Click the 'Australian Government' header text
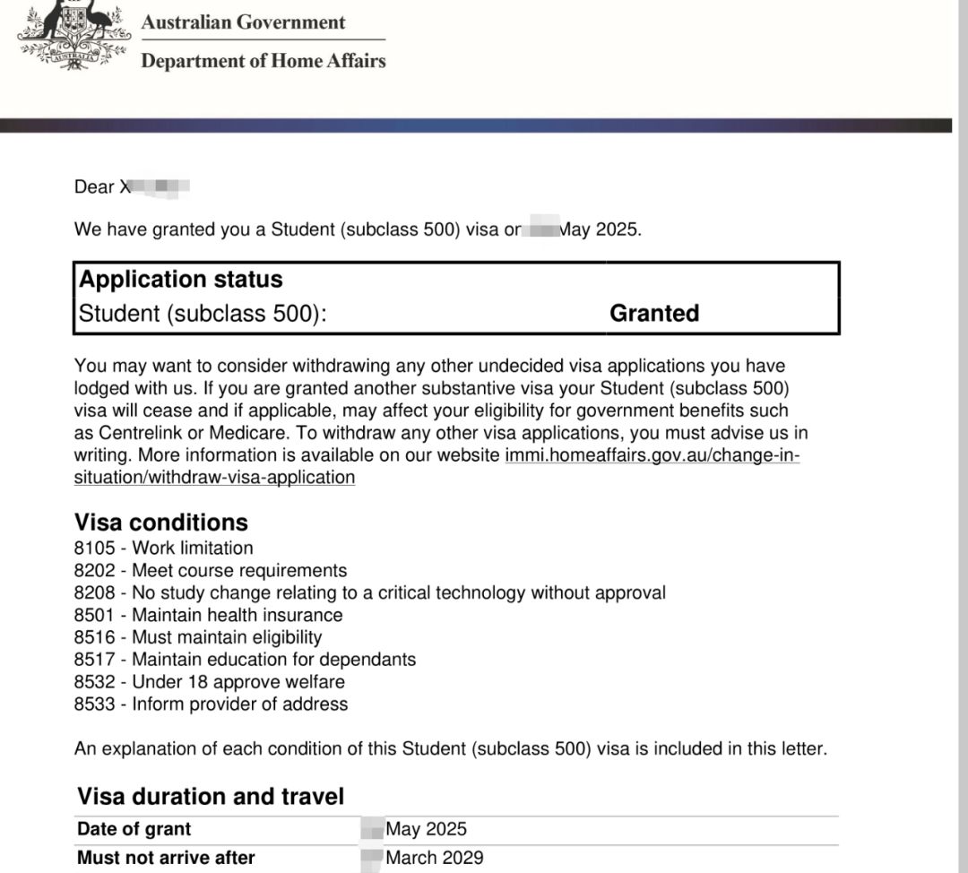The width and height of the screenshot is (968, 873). (x=243, y=22)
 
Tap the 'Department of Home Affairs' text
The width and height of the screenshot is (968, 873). (x=263, y=61)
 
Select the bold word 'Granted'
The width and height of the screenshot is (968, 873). (x=654, y=313)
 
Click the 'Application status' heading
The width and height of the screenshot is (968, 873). (x=181, y=280)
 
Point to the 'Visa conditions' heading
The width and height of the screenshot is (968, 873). (x=161, y=523)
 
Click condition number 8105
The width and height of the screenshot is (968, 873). (x=93, y=548)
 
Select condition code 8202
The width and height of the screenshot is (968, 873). (x=93, y=570)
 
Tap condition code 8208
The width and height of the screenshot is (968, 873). (x=93, y=592)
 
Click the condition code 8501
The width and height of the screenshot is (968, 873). (x=93, y=615)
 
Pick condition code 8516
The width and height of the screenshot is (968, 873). (x=93, y=637)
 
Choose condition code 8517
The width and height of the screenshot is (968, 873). (x=93, y=660)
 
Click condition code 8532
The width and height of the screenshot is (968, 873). (x=93, y=682)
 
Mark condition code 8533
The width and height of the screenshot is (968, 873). (x=93, y=704)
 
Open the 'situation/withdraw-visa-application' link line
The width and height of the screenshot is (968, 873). (x=214, y=477)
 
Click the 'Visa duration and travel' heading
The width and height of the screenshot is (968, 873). (x=211, y=796)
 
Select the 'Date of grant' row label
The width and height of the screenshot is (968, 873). (x=134, y=829)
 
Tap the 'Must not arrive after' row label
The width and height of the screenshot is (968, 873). (x=166, y=858)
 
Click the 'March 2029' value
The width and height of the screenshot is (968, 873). (x=434, y=858)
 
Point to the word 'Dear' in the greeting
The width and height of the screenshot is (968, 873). (x=94, y=187)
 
